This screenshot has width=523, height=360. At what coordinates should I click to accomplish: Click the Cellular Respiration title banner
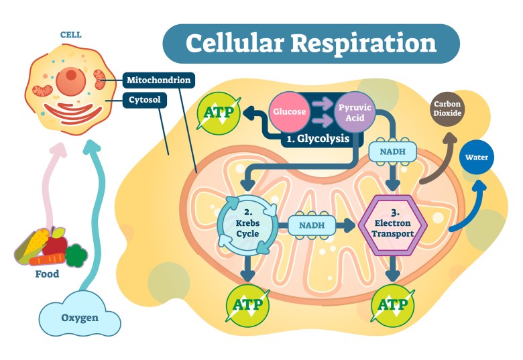(x=310, y=44)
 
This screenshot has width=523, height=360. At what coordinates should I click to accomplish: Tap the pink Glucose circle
(x=289, y=111)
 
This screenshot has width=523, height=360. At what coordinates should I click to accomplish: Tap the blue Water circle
(x=477, y=159)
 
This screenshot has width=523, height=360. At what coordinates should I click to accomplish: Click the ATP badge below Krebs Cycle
(x=248, y=305)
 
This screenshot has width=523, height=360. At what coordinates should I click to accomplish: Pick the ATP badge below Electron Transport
(x=393, y=305)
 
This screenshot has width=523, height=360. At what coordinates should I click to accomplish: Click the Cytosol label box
(x=145, y=100)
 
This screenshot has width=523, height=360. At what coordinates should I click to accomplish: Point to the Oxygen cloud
(x=80, y=317)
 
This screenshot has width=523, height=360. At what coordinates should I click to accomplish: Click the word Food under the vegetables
(x=47, y=274)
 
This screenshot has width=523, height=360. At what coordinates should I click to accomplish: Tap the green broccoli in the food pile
(x=76, y=254)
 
